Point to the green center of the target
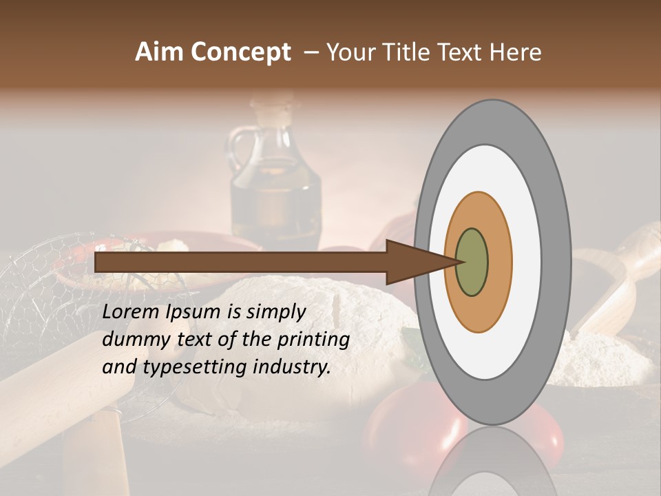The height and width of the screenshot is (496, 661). pos(472,262)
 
